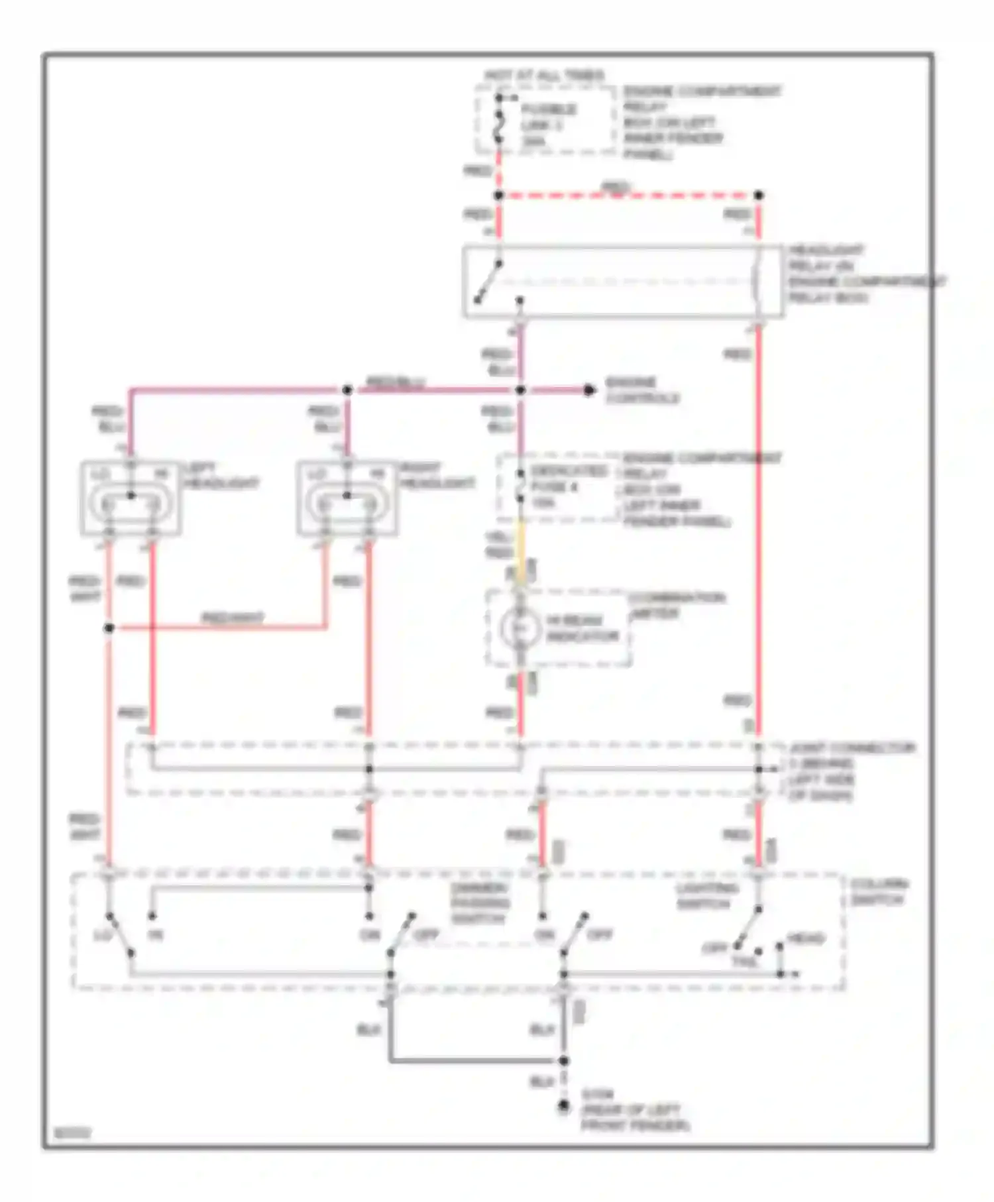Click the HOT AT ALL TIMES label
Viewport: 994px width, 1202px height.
tap(544, 75)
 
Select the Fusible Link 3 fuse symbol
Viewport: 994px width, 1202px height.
tap(499, 125)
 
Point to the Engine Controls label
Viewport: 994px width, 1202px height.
tap(642, 390)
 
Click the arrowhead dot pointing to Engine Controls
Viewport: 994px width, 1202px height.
tap(589, 390)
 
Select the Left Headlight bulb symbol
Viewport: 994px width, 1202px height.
tap(131, 505)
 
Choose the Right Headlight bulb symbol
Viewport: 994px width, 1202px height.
tap(347, 505)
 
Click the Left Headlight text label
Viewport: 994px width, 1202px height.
tap(221, 476)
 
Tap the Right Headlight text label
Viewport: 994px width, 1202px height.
tap(437, 476)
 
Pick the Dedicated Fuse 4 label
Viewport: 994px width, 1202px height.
tap(567, 487)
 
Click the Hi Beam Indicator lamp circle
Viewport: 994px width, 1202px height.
tap(520, 627)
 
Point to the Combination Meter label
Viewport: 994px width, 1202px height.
tap(676, 605)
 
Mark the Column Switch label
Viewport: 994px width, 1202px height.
tap(879, 892)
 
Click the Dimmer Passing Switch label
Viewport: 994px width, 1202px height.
tap(479, 904)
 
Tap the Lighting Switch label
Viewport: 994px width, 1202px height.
tap(706, 896)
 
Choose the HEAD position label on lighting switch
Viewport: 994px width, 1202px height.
tap(805, 939)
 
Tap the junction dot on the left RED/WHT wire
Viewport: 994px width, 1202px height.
tap(109, 628)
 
